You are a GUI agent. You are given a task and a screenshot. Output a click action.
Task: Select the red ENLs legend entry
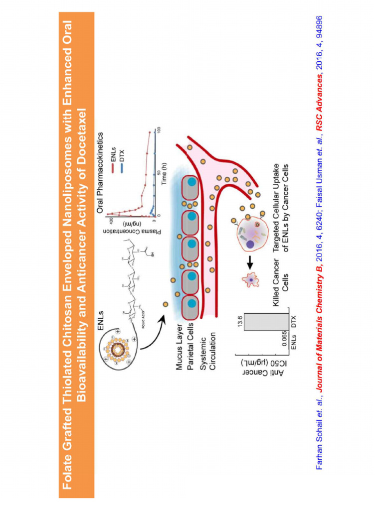point(114,142)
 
